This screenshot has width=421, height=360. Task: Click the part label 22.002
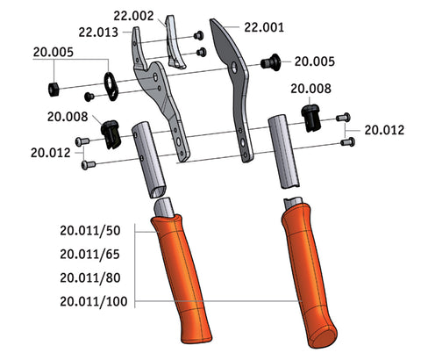[x=133, y=16]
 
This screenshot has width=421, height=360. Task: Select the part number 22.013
[x=98, y=32]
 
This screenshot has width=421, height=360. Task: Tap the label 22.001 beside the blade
[x=264, y=27]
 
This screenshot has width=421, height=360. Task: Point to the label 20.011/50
[x=90, y=231]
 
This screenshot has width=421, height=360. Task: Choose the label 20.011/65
[x=90, y=255]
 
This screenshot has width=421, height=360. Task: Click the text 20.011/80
[x=90, y=277]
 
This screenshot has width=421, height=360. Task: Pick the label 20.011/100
[x=94, y=301]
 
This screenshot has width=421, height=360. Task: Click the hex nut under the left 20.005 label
[x=54, y=90]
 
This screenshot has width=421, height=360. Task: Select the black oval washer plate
[x=111, y=86]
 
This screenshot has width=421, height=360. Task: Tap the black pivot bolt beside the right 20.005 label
[x=270, y=62]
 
